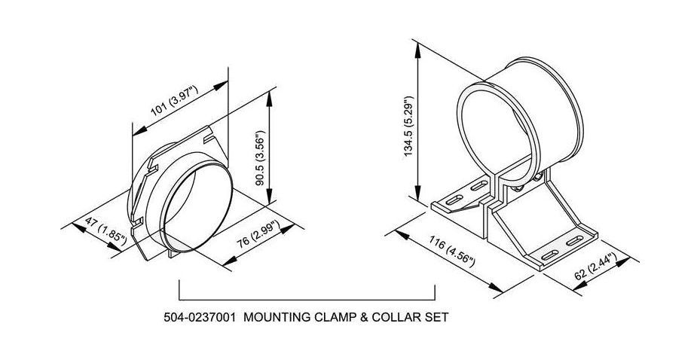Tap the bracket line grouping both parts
click(x=307, y=298)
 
